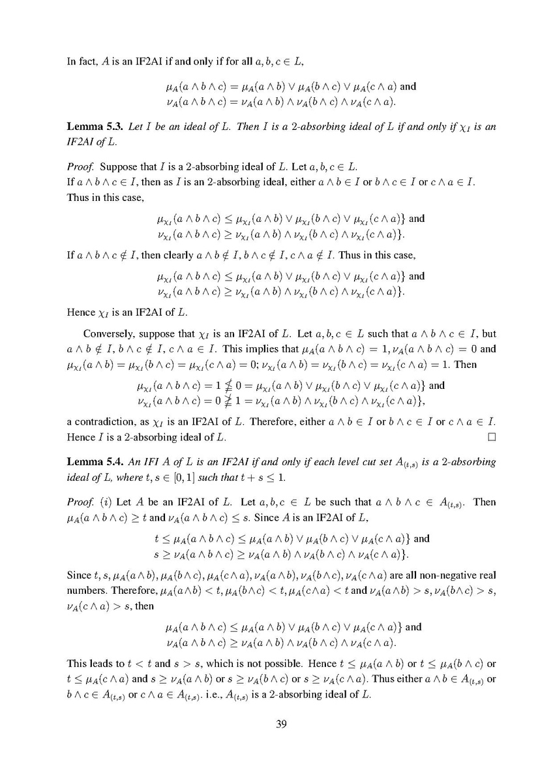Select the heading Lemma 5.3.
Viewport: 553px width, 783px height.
tap(90, 127)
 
